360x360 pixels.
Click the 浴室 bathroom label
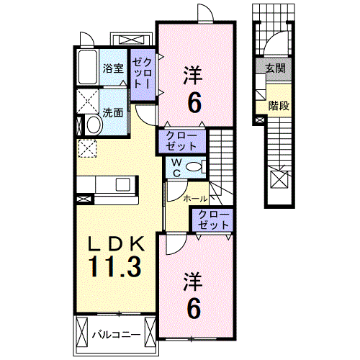point(113,69)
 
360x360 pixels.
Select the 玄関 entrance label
point(275,69)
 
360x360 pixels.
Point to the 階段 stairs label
point(279,106)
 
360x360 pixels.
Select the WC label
point(175,168)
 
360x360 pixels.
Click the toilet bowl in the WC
point(193,167)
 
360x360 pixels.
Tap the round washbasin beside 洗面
point(91,125)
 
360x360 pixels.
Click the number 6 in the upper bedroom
point(194,103)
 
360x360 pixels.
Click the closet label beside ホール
point(211,219)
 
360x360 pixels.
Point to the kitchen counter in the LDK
point(108,186)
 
